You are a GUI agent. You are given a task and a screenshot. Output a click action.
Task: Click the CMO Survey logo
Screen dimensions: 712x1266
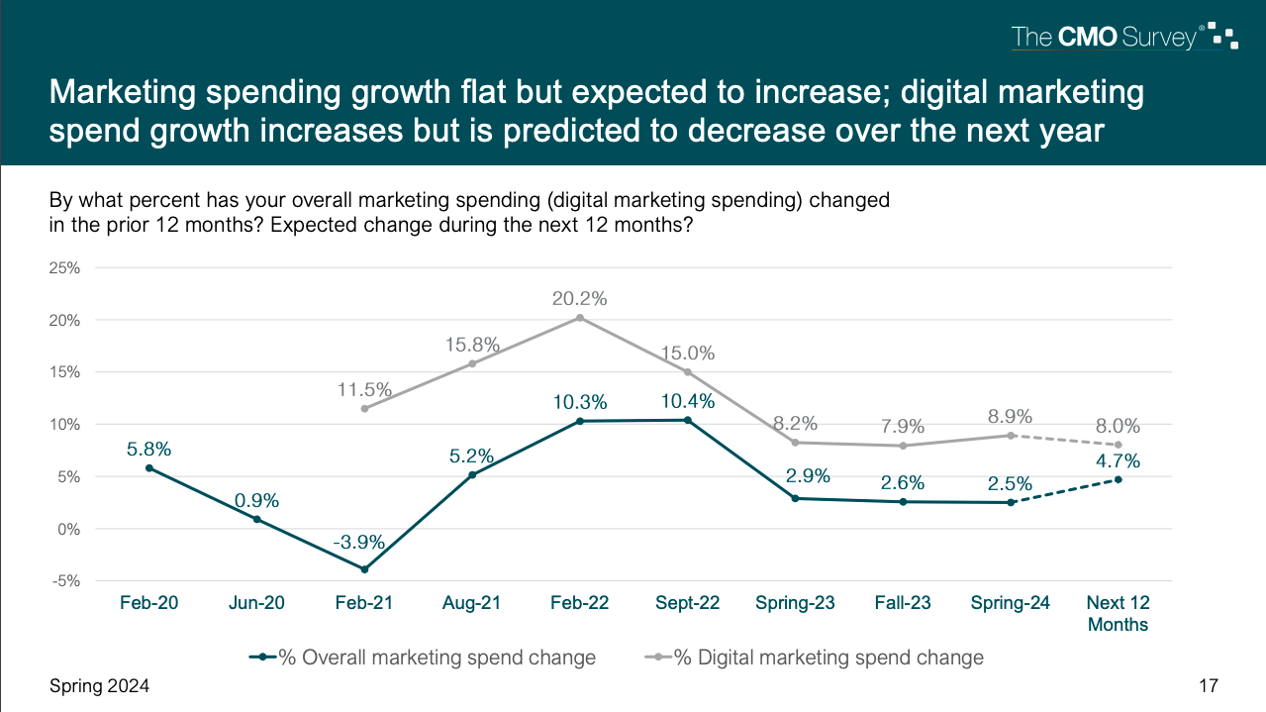coord(1124,38)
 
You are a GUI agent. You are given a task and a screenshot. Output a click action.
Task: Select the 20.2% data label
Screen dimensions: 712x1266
coord(580,298)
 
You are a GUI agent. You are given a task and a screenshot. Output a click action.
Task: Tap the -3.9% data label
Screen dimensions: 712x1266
coord(364,544)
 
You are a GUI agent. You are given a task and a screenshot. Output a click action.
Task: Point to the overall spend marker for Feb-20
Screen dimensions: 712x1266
coord(149,467)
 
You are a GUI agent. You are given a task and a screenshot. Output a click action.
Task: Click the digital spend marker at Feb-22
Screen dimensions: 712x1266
coord(580,318)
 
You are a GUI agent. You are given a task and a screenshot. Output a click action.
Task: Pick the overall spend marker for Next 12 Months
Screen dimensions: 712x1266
coord(1119,479)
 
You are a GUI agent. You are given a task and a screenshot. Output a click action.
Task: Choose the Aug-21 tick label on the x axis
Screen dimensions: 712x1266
coord(472,602)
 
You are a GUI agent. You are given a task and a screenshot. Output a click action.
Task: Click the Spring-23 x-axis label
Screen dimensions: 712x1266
coord(795,602)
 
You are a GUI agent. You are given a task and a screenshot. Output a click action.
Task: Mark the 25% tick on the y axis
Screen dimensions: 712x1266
coord(64,267)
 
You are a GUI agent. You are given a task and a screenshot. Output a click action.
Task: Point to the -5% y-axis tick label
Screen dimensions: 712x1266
coord(64,581)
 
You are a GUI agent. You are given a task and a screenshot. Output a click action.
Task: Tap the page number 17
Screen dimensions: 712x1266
coord(1208,686)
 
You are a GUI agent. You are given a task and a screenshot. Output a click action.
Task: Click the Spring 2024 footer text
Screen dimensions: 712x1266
coord(100,686)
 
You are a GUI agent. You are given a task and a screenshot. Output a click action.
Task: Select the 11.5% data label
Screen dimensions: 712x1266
coord(364,388)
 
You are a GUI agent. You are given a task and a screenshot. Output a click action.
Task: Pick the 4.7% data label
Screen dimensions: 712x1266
coord(1119,460)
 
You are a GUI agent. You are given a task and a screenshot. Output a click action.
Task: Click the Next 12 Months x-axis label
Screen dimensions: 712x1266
coord(1118,613)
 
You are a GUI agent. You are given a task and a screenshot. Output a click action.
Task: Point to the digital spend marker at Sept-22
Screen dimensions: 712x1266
coord(688,371)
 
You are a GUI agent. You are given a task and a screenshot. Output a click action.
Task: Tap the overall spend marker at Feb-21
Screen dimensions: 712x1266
coord(364,569)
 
